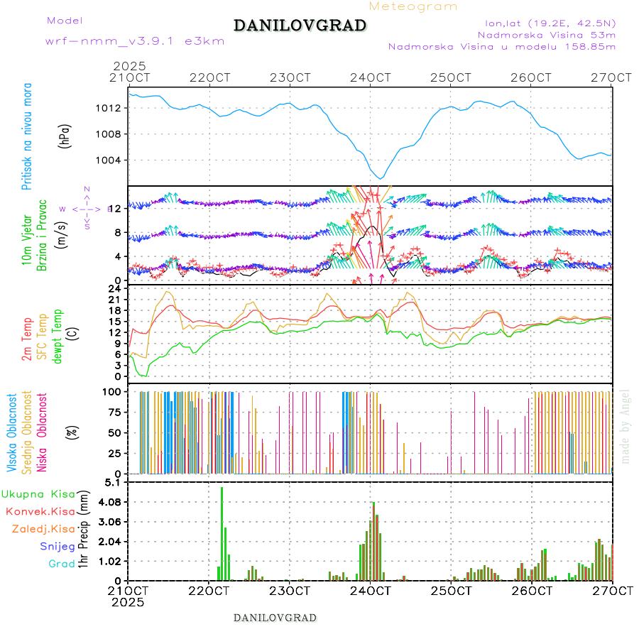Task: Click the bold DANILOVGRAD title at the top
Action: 300,26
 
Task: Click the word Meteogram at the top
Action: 413,6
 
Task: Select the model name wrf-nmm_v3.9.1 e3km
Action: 135,41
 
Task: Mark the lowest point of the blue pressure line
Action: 381,178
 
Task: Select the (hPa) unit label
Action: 65,136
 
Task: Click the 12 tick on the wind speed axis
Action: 116,207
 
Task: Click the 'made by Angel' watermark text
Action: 625,426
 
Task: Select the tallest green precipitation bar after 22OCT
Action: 222,532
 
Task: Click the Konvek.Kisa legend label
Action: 40,511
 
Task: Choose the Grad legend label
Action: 62,564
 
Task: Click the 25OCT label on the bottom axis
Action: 452,591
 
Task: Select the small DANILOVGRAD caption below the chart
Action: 275,617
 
